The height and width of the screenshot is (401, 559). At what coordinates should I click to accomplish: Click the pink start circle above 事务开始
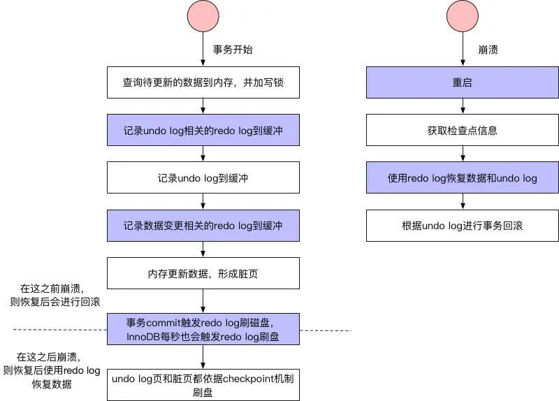coord(203,17)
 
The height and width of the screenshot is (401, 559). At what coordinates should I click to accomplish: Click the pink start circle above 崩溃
coord(463,17)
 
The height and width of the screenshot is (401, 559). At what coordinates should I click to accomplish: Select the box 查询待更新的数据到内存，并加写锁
coord(203,82)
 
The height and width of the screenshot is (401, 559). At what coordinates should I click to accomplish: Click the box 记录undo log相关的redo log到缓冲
coord(203,131)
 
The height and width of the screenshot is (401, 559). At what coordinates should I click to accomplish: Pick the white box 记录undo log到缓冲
coord(203,178)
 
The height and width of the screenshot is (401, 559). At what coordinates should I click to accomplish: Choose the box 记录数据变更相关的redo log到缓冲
coord(203,226)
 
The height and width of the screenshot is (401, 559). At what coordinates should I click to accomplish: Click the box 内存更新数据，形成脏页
coord(203,273)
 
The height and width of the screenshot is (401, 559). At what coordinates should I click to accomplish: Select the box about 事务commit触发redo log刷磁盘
coord(203,329)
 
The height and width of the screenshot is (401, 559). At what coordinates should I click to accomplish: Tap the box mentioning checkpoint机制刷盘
coord(203,385)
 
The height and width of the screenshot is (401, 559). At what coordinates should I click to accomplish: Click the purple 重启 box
coord(463,82)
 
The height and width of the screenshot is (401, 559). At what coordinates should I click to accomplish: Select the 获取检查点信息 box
coord(463,131)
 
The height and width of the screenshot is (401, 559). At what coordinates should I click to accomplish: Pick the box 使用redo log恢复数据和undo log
coord(463,178)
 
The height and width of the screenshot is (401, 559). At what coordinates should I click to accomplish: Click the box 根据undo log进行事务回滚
coord(463,226)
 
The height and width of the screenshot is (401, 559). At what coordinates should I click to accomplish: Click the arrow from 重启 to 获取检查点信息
coord(463,106)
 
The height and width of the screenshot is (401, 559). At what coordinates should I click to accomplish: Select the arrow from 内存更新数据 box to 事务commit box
coord(203,301)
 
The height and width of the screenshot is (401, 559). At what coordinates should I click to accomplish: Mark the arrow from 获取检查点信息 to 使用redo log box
coord(463,154)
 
